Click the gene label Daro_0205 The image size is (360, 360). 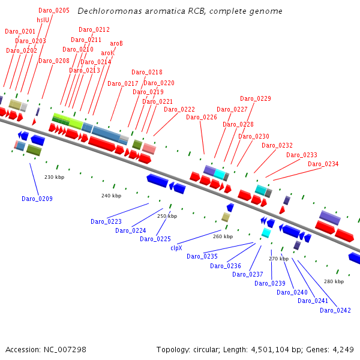click(54, 10)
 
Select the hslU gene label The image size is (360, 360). click(43, 20)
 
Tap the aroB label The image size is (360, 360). click(116, 43)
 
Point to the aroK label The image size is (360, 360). click(107, 53)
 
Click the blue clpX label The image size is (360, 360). click(176, 248)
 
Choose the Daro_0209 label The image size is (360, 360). click(37, 199)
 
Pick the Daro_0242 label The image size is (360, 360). click(335, 310)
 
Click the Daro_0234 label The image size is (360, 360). click(323, 164)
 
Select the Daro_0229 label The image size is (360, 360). click(256, 98)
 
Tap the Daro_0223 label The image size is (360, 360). click(106, 221)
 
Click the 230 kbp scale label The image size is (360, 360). click(54, 177)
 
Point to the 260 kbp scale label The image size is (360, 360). click(223, 236)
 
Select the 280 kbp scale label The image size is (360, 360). click(334, 281)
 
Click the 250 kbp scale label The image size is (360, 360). click(167, 216)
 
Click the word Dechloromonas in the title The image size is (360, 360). click(106, 11)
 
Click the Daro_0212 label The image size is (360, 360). click(94, 29)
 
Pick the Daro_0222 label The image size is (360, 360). click(179, 109)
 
